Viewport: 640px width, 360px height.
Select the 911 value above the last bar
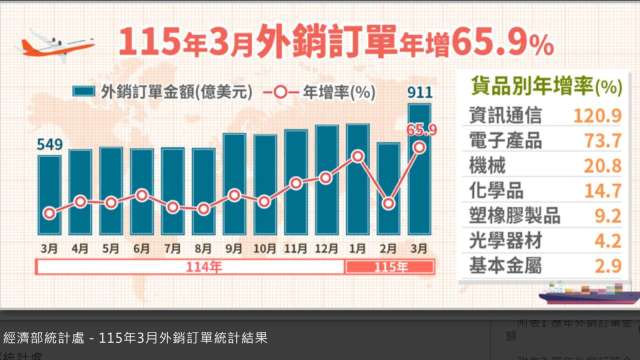tap(420, 93)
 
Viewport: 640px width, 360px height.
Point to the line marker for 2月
tap(389, 204)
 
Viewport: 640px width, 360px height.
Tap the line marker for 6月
tap(142, 195)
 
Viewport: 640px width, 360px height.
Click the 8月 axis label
tap(203, 246)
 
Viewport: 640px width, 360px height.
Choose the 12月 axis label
tap(327, 246)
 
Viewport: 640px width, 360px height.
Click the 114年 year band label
tap(189, 267)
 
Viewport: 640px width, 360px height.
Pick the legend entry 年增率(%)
tap(319, 92)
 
